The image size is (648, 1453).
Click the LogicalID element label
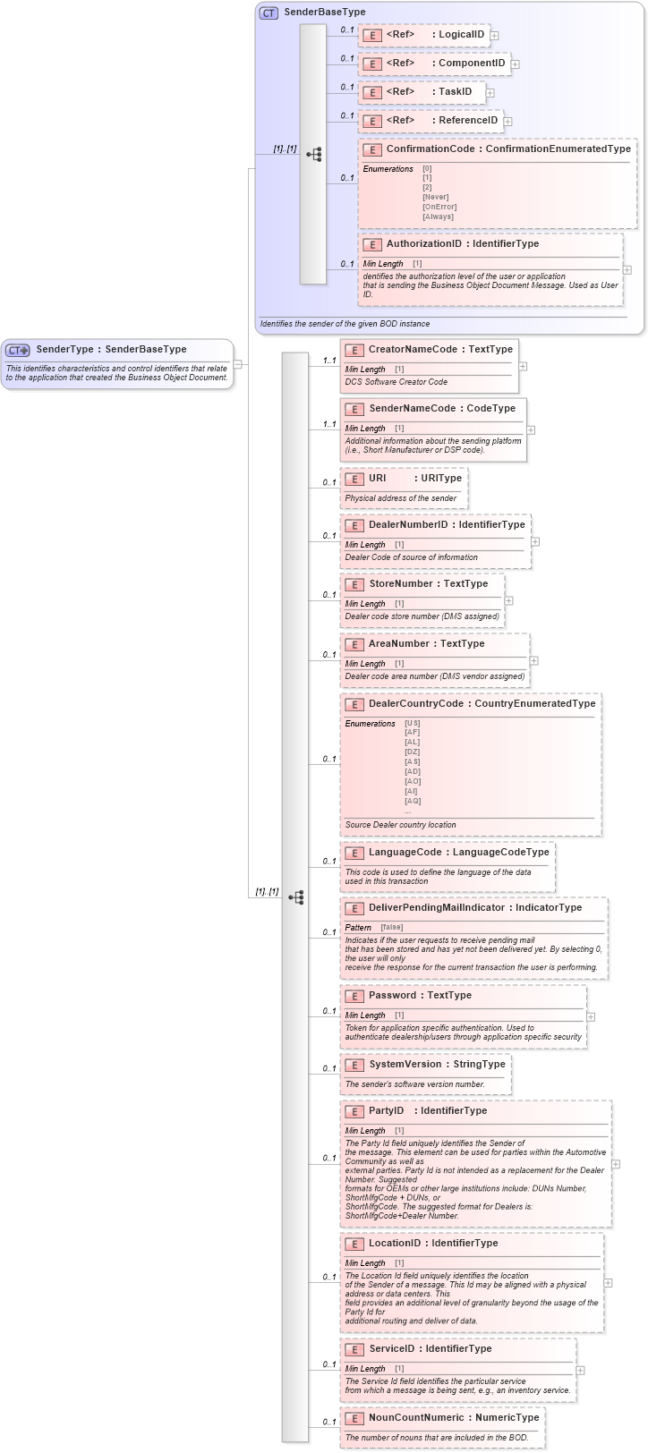461,35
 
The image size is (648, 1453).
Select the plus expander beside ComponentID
516,64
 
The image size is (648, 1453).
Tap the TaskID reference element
454,92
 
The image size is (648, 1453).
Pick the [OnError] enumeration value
439,207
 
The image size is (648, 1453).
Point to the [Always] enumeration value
438,217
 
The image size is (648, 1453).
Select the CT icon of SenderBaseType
269,13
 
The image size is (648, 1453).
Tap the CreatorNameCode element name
413,350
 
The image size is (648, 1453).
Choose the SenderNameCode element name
413,409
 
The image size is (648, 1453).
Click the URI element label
377,479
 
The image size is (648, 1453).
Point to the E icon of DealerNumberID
354,525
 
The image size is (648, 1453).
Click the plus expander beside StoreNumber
509,601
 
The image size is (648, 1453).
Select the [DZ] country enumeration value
412,752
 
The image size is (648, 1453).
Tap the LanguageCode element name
405,853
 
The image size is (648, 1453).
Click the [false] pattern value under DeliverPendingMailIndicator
391,928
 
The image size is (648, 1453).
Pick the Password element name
392,996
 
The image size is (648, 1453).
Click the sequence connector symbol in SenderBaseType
313,154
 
